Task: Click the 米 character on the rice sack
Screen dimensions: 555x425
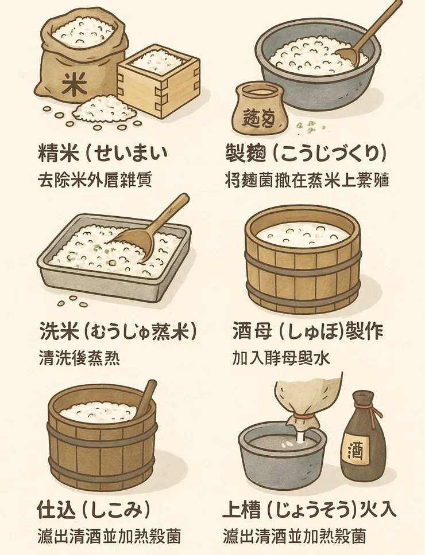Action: [74, 84]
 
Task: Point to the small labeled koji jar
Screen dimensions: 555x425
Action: [260, 108]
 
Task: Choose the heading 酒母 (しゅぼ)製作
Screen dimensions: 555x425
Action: [307, 332]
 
